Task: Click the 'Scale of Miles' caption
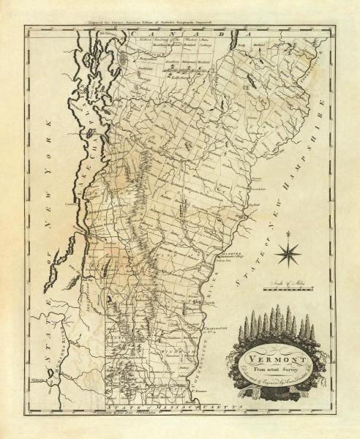pyautogui.click(x=290, y=283)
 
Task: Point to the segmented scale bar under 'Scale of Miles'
pyautogui.click(x=290, y=290)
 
